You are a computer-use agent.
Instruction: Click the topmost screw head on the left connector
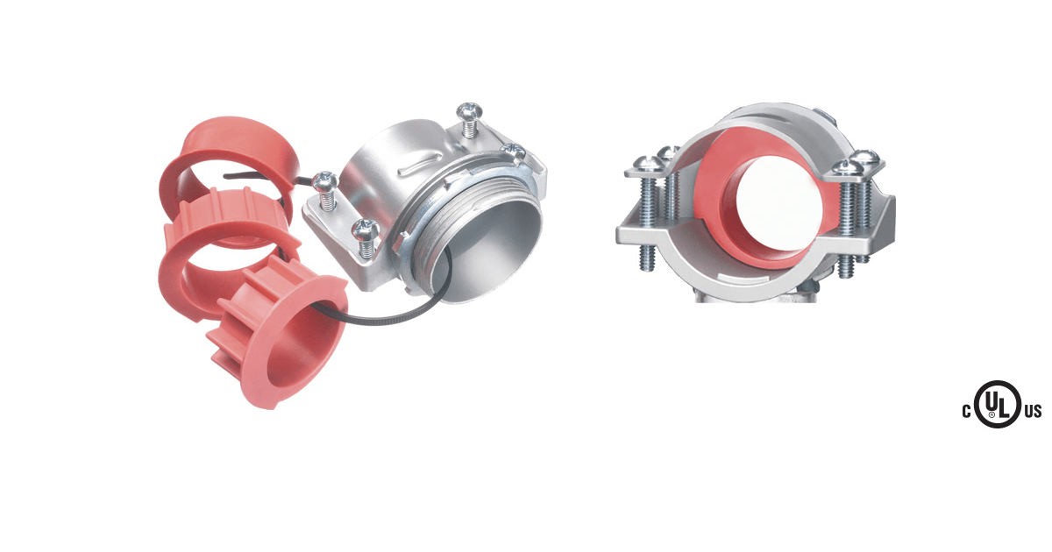click(470, 110)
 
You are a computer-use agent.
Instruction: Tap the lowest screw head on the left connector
click(366, 230)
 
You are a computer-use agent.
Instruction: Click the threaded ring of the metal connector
click(470, 221)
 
